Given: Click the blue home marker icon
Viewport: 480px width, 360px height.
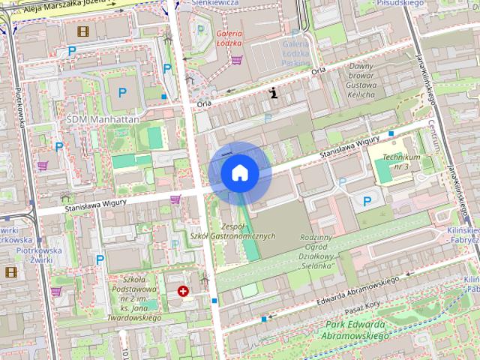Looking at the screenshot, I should (x=239, y=172).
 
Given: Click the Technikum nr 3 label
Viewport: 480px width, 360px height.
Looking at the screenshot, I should (x=400, y=161).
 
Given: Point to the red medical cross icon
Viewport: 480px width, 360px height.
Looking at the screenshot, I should (x=182, y=291).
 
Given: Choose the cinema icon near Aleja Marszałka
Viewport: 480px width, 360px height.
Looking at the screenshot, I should (x=81, y=31).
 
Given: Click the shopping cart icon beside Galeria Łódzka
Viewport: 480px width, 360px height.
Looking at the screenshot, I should (x=236, y=60).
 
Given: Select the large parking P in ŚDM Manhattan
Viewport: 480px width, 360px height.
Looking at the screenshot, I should (x=122, y=93).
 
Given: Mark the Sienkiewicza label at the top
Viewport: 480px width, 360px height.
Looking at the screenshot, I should (x=217, y=3).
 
